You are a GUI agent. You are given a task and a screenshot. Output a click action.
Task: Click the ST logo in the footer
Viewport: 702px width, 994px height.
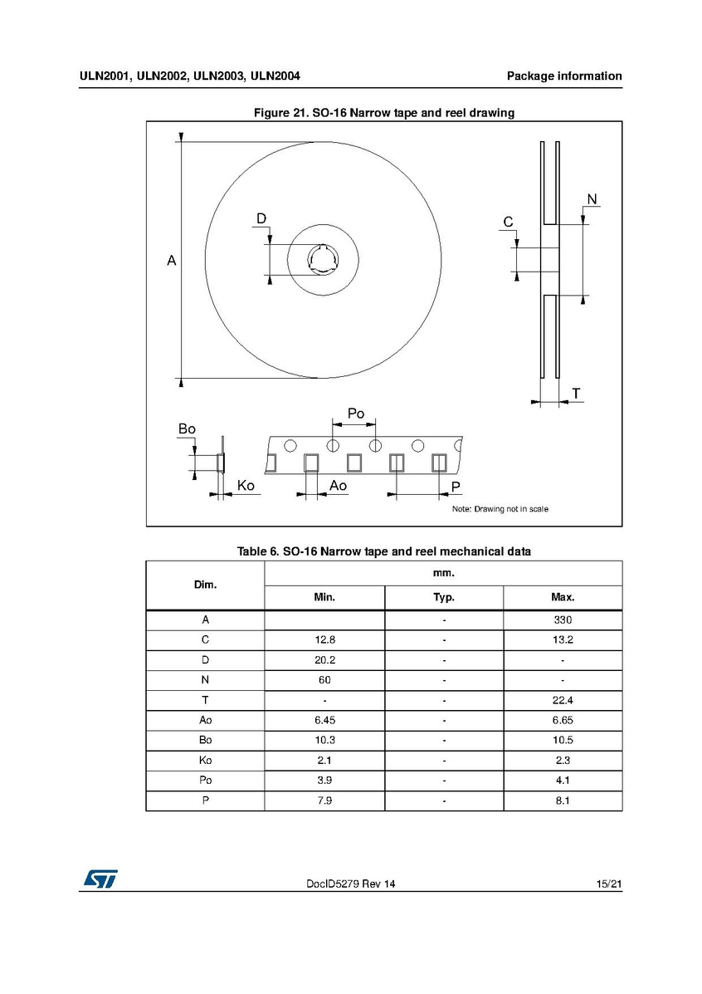click(x=99, y=879)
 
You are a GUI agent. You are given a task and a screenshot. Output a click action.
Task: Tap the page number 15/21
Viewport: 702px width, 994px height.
click(x=608, y=885)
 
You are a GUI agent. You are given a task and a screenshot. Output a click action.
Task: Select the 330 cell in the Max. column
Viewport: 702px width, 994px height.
click(x=563, y=620)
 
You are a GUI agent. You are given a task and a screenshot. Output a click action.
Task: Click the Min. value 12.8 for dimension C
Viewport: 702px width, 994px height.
click(x=324, y=640)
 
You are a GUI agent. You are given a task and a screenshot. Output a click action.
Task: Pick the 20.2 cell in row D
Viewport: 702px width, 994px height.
click(x=324, y=660)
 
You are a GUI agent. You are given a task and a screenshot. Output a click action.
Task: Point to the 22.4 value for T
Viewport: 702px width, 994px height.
click(x=563, y=700)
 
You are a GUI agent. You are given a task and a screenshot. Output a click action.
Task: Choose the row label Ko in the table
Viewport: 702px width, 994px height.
click(x=205, y=760)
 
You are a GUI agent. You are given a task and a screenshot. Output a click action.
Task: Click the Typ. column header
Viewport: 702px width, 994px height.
click(x=444, y=597)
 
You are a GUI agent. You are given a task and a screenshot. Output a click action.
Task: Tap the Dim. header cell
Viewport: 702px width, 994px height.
click(x=205, y=585)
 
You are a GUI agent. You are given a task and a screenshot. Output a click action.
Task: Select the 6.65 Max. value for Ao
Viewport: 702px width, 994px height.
click(x=563, y=720)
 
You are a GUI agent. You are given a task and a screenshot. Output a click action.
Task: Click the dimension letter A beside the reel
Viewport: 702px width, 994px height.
click(x=171, y=261)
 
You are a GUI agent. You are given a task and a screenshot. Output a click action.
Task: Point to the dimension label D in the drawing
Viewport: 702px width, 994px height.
click(x=261, y=218)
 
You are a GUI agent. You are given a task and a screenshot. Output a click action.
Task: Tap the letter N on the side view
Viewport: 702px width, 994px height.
click(x=592, y=198)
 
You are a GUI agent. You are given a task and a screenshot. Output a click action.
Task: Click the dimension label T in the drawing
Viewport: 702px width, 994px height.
click(x=575, y=393)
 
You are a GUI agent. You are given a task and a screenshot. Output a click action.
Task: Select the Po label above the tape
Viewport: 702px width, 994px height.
click(x=355, y=414)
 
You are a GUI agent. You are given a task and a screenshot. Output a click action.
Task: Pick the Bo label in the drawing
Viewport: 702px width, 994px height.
click(x=187, y=428)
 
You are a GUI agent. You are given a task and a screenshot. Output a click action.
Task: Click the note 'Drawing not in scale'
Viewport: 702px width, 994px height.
click(x=500, y=508)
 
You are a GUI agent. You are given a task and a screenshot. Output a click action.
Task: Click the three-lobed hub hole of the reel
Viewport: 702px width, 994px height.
click(x=322, y=259)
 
